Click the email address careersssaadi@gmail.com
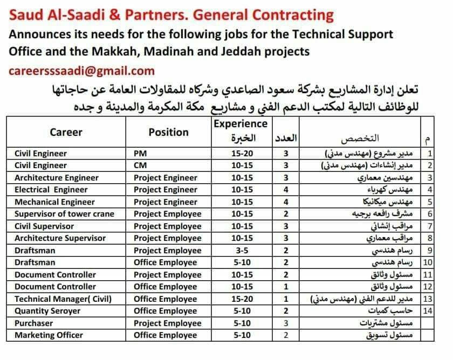[81, 71]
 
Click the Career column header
[66, 132]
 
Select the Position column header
[169, 132]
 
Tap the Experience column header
[241, 123]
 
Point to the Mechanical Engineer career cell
[54, 202]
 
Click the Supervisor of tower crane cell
[64, 214]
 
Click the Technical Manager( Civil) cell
[63, 299]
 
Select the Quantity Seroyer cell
[47, 311]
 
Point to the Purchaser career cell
[34, 323]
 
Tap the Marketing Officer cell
[49, 335]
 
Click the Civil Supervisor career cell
[45, 226]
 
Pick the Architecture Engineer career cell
[57, 178]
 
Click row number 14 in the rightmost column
[429, 311]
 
